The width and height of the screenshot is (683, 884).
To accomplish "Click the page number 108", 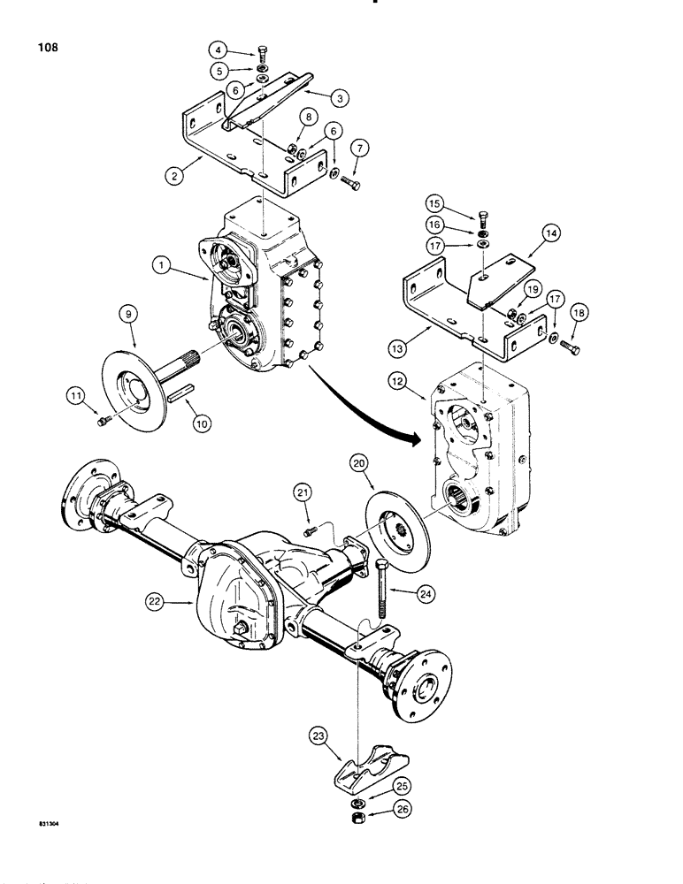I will point(47,48).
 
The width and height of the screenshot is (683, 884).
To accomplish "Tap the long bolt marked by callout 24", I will point(381,587).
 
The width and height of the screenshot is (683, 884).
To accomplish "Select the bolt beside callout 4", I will point(266,55).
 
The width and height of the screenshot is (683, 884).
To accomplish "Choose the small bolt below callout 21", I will point(310,532).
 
